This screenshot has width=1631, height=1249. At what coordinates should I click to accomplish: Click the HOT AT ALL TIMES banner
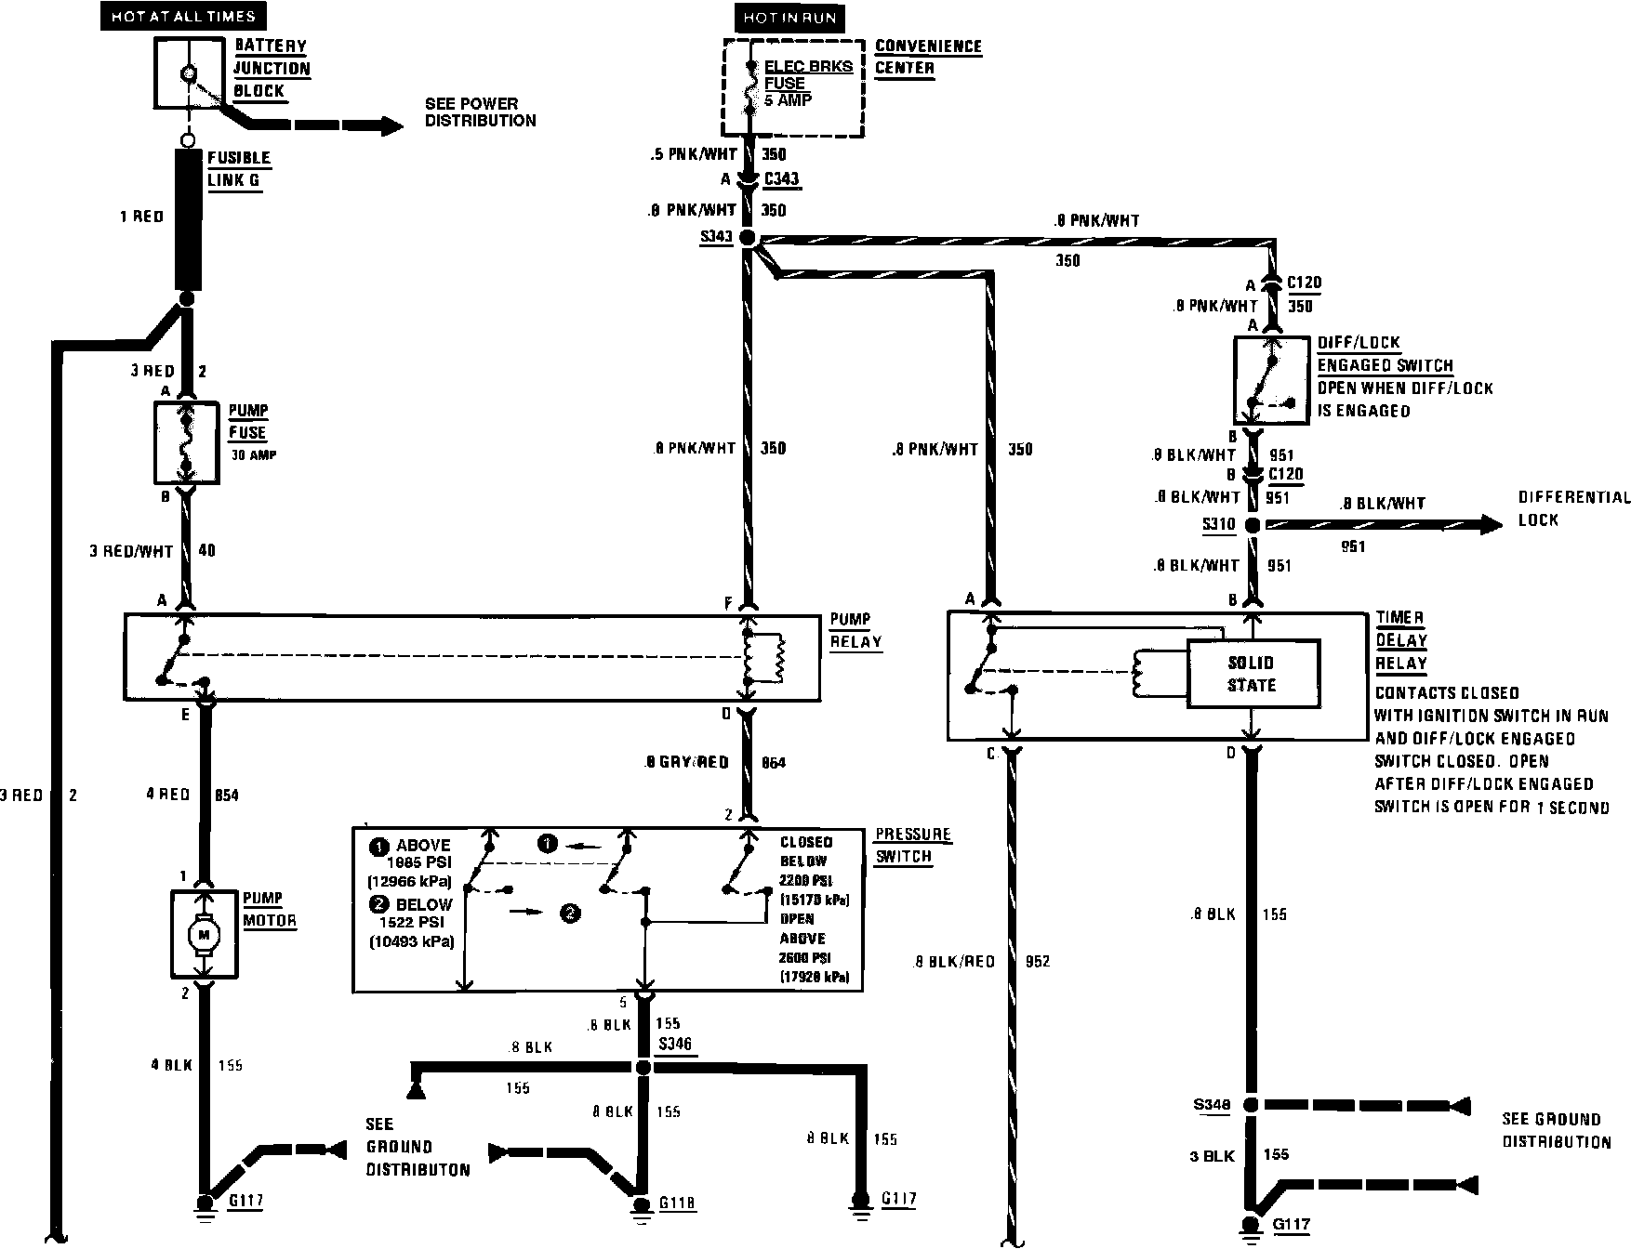click(182, 16)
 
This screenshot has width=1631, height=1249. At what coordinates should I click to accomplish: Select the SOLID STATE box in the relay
click(1252, 674)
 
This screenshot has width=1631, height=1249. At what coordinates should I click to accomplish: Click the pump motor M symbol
click(205, 932)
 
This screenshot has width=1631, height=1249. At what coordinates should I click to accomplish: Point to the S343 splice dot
click(748, 238)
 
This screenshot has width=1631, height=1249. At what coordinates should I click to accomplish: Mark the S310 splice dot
click(1253, 525)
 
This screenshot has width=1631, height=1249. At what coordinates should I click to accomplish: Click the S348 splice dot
click(1252, 1105)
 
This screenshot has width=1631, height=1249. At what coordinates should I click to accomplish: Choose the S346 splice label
click(675, 1045)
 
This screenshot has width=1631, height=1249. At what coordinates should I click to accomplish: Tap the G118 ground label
click(677, 1203)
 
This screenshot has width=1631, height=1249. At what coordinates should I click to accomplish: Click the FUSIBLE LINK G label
click(238, 169)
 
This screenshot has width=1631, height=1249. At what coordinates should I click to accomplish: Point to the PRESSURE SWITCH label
click(913, 845)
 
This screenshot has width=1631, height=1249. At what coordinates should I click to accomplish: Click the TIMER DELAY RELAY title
click(1400, 640)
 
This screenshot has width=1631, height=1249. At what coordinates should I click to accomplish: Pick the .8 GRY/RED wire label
click(686, 763)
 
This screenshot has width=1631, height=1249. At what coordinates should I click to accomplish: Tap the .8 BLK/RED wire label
click(953, 962)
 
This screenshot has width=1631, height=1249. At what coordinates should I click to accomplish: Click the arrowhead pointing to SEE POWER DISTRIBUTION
click(391, 125)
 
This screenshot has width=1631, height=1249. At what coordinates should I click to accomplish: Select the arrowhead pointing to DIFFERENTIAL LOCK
click(1491, 525)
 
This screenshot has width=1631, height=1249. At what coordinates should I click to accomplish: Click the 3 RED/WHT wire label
click(131, 551)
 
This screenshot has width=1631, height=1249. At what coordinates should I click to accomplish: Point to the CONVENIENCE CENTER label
click(927, 57)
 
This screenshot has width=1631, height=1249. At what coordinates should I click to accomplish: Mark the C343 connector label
click(781, 179)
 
